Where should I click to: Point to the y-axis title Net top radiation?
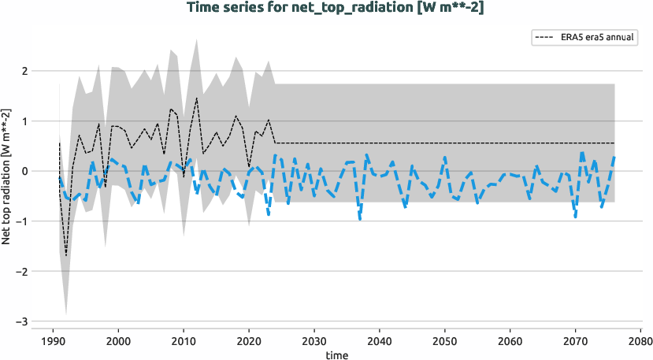(7, 177)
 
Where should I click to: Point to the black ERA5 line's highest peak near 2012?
(196, 98)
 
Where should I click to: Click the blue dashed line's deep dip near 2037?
(360, 218)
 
